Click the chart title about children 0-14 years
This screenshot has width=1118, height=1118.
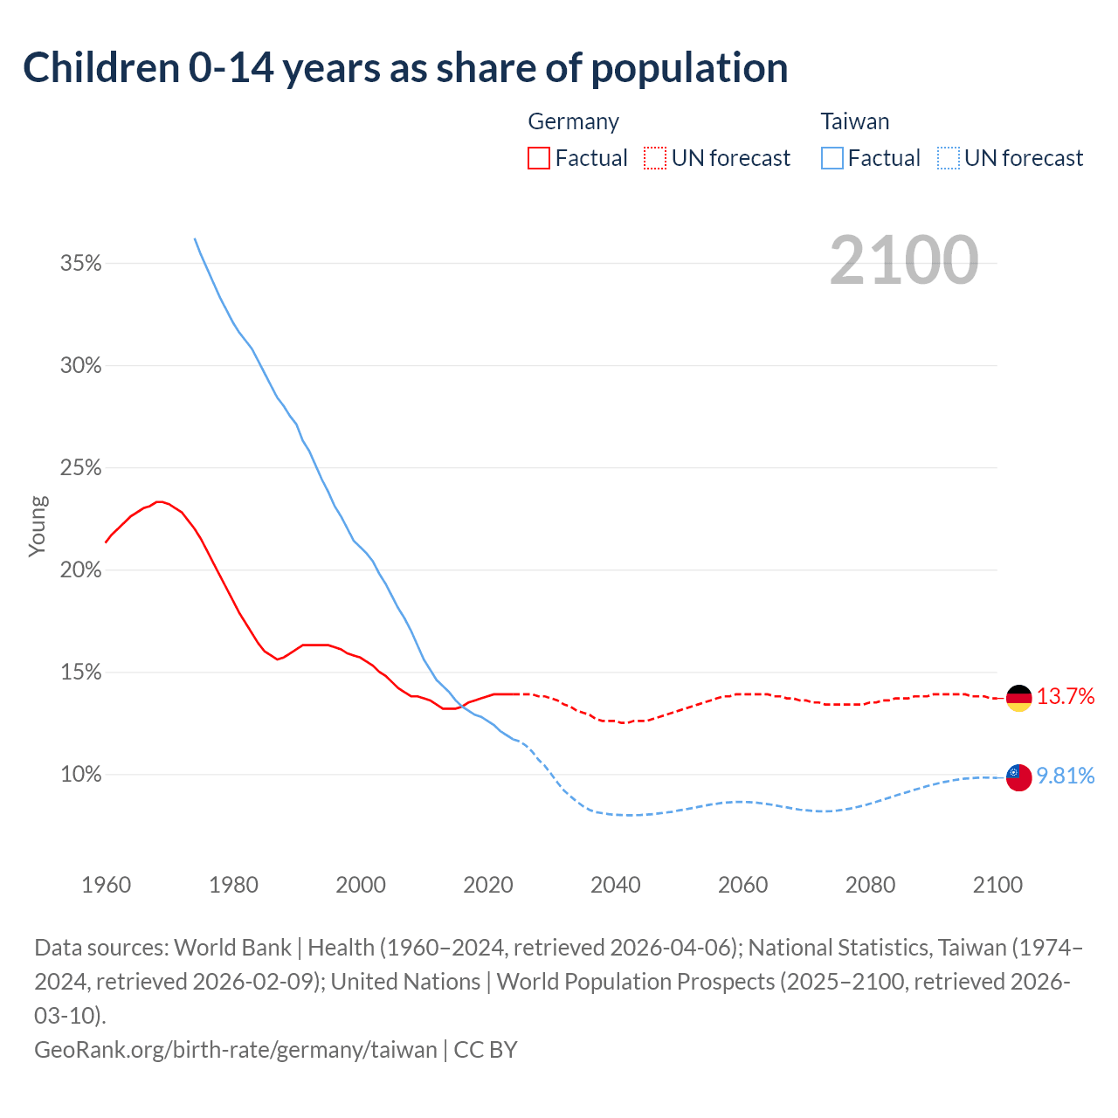[x=405, y=68]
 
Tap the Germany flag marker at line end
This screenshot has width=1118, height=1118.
[x=1018, y=698]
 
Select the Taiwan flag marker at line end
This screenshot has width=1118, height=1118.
[x=1018, y=776]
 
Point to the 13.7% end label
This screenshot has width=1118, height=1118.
[x=1066, y=696]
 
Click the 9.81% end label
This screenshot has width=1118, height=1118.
[x=1066, y=776]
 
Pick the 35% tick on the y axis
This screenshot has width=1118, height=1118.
[x=81, y=263]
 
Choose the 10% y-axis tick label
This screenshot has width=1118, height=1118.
[x=81, y=775]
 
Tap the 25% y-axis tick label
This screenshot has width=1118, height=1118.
[x=81, y=468]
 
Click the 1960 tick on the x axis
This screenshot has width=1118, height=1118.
[x=107, y=885]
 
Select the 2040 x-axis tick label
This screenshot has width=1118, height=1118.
[x=616, y=885]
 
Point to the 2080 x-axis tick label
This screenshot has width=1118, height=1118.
[x=870, y=885]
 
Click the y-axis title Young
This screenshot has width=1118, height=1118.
[x=38, y=526]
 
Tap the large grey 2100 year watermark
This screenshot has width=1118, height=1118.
[x=903, y=259]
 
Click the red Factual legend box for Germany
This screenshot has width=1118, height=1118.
[x=539, y=158]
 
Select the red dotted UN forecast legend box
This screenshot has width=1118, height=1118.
[x=655, y=158]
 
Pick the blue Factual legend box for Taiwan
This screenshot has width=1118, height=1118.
[x=832, y=158]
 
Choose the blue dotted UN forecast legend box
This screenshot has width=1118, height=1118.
[x=949, y=158]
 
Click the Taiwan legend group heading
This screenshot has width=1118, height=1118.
[x=855, y=121]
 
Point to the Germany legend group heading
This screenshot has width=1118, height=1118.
[x=573, y=121]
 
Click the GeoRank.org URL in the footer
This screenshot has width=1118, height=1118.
[x=236, y=1049]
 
